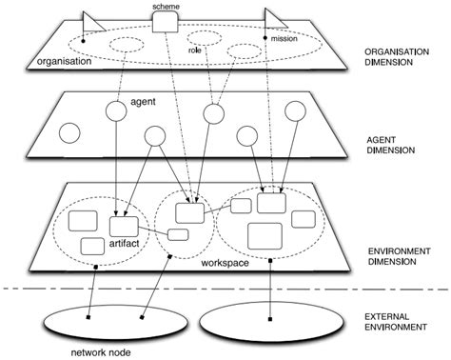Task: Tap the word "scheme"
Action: (x=166, y=6)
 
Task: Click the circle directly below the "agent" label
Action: (x=115, y=111)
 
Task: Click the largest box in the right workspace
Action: (x=264, y=234)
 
